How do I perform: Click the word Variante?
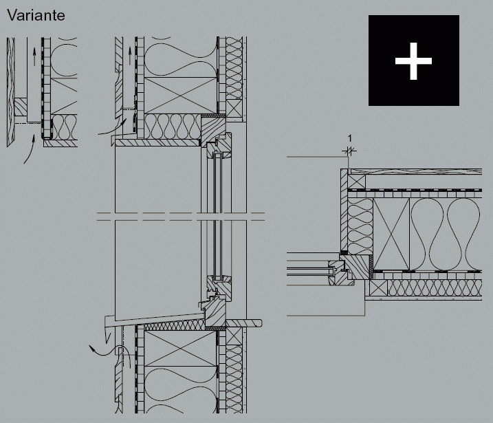(36, 15)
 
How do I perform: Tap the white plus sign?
(413, 61)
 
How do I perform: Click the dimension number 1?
(349, 138)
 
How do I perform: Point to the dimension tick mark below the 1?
(349, 151)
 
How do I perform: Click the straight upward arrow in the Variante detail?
(34, 56)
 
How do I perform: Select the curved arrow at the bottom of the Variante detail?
(30, 149)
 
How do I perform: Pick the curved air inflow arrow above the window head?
(113, 127)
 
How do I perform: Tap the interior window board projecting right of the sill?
(244, 323)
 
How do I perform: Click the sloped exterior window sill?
(155, 318)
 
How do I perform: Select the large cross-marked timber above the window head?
(181, 96)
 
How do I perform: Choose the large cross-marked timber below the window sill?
(181, 349)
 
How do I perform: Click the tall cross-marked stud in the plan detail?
(391, 234)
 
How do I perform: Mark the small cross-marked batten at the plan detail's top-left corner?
(357, 182)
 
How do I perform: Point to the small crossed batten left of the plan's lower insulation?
(379, 288)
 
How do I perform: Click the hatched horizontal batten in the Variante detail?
(21, 107)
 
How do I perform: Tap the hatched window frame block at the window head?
(213, 129)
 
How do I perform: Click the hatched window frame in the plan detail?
(355, 267)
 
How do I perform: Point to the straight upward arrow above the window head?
(129, 56)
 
